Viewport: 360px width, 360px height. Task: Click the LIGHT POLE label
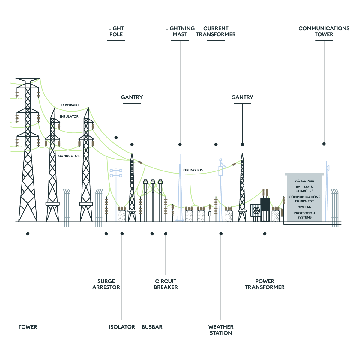pos(116,31)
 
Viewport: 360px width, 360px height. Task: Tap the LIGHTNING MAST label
pos(180,31)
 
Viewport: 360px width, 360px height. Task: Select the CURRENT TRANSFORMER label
pos(216,31)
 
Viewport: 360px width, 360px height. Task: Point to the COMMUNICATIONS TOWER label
pos(324,31)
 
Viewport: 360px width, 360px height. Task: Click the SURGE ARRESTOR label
pos(106,284)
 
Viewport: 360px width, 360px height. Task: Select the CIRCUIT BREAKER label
pos(166,284)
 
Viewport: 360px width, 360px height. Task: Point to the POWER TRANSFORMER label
pos(265,284)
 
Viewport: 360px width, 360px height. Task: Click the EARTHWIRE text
pos(70,105)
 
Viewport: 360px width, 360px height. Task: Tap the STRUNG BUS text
pos(193,170)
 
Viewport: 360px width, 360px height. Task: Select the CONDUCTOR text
pos(69,156)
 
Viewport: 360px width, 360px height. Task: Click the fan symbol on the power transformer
pos(256,210)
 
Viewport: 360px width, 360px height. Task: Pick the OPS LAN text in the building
pos(304,207)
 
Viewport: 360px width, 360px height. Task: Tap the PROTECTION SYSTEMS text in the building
pos(304,215)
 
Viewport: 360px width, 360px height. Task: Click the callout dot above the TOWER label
pos(28,234)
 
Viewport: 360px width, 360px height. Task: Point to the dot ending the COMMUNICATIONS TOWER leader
pos(324,144)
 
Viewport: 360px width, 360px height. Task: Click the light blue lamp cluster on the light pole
pos(116,173)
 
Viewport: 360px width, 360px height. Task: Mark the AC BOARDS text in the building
pos(304,181)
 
